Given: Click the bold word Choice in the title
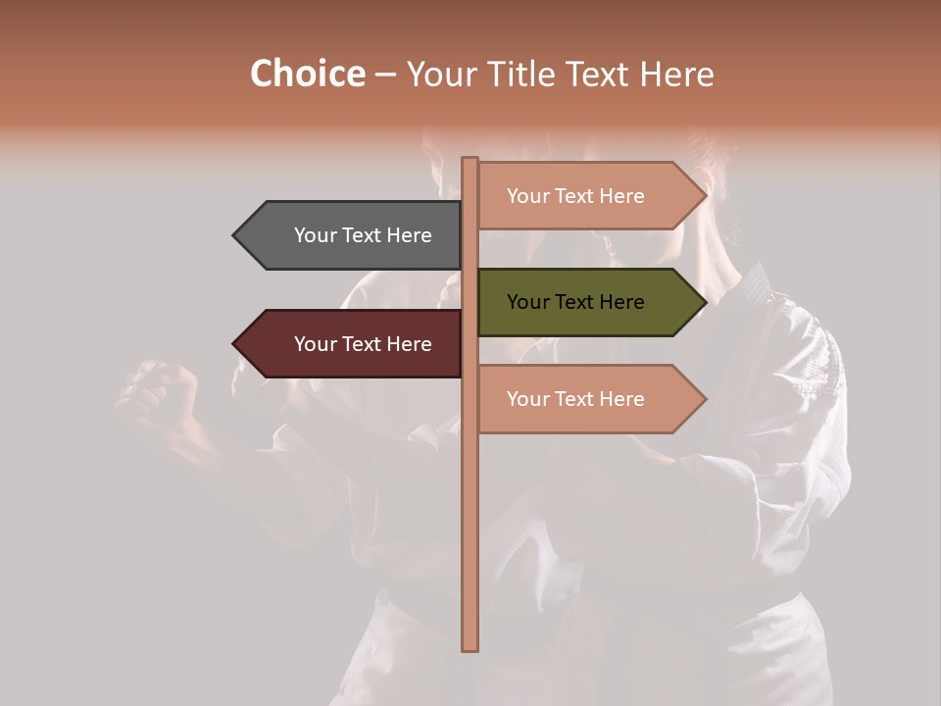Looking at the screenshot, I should (x=307, y=74).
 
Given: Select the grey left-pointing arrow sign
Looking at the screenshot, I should (x=353, y=235).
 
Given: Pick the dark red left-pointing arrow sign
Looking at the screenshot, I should (x=353, y=344).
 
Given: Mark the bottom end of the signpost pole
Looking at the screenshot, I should (x=470, y=647).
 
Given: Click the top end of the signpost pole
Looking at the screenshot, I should (x=470, y=160).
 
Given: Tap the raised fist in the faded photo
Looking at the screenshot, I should (x=157, y=387).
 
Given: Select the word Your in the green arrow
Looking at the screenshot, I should (x=527, y=302).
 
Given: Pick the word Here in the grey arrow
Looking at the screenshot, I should (x=409, y=235).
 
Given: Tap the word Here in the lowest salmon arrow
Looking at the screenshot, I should (x=621, y=399).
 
